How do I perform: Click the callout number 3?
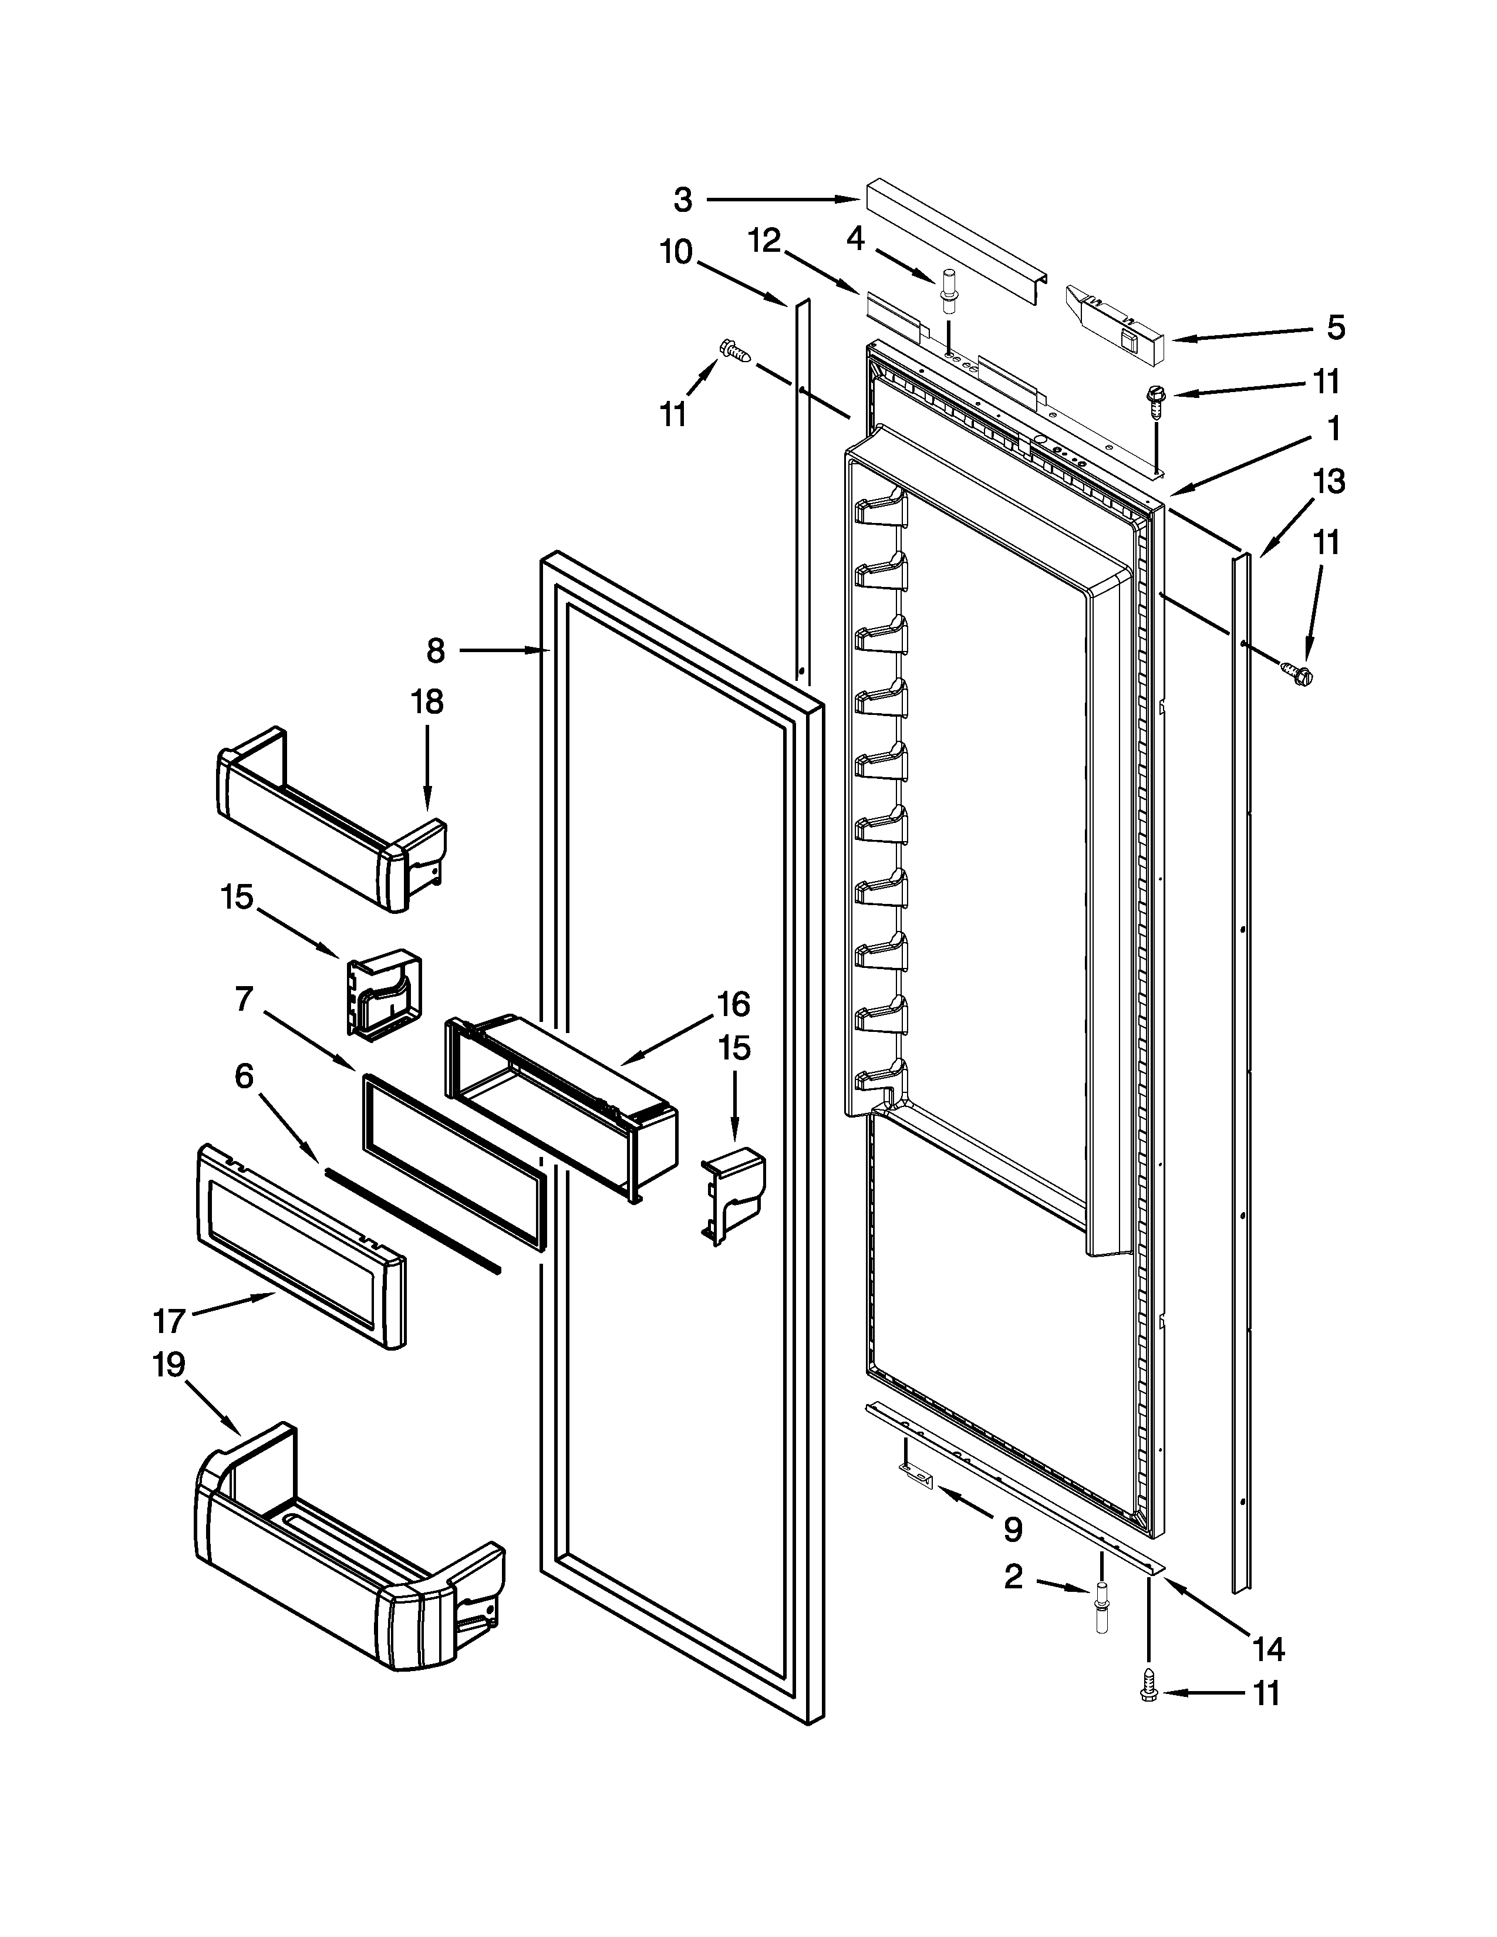(682, 200)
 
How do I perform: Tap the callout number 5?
(1336, 328)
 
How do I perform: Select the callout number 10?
(676, 253)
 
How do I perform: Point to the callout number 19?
(168, 1364)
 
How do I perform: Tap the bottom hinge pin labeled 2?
(1101, 1599)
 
